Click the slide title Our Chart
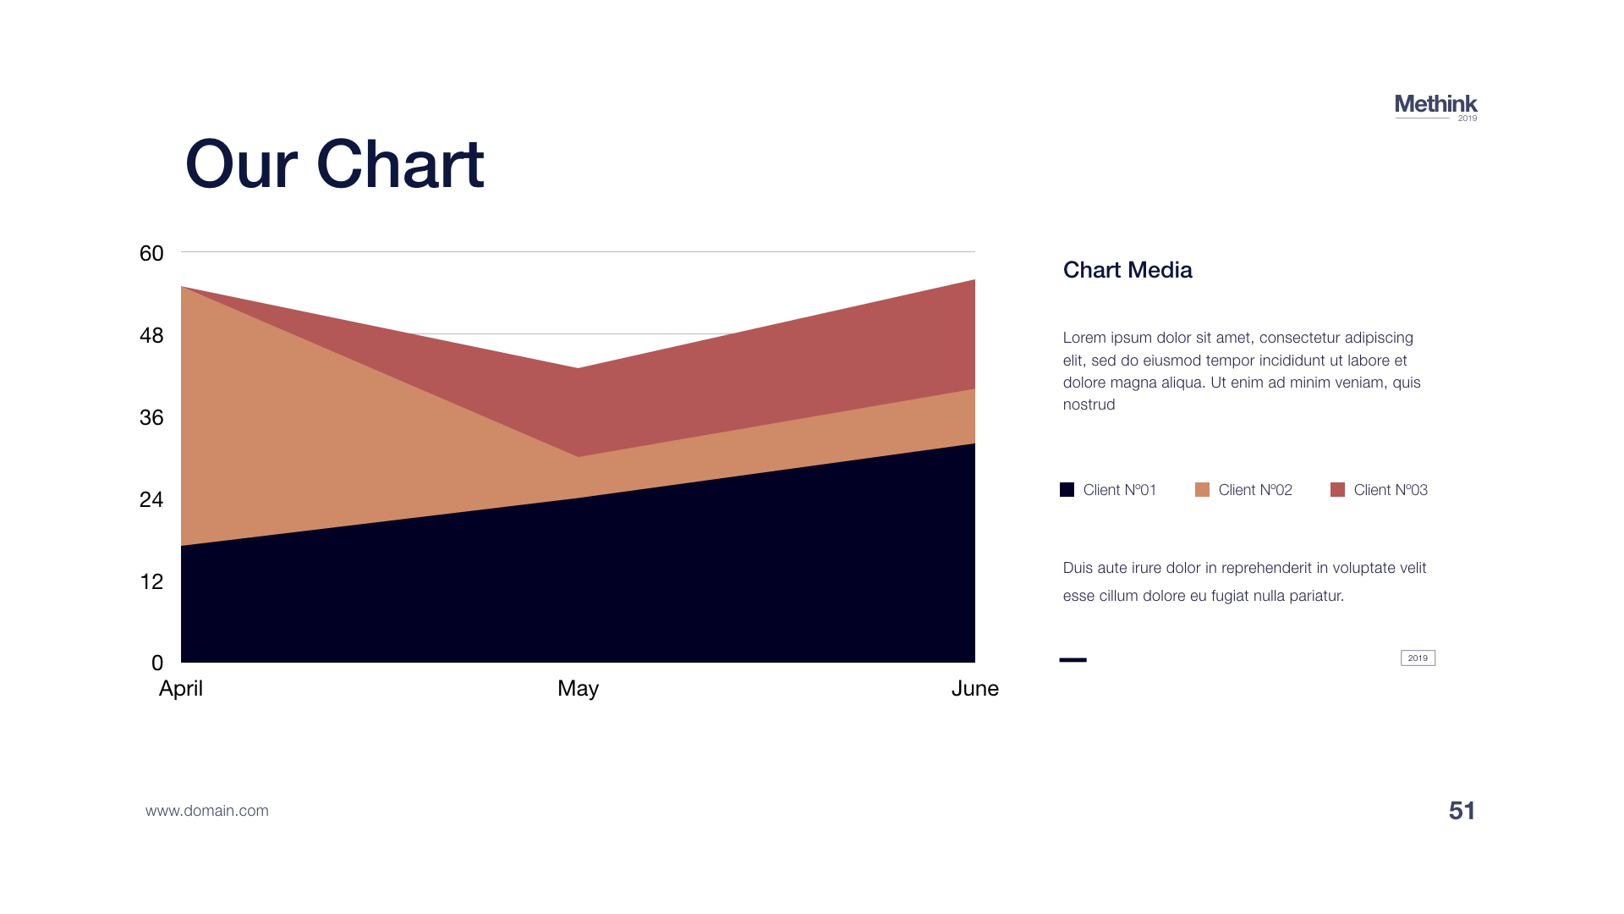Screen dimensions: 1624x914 click(334, 164)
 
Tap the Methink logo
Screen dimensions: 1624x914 click(1435, 107)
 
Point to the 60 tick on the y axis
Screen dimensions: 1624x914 click(151, 253)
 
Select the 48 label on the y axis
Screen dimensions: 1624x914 click(151, 335)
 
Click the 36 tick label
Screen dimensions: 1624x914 click(151, 417)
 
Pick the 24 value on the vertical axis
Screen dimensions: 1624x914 click(151, 499)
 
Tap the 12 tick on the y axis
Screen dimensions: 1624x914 click(151, 581)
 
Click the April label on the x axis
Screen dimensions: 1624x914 click(181, 689)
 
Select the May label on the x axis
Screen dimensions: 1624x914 click(579, 689)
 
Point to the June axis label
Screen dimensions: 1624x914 click(975, 688)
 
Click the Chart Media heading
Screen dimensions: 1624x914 click(1127, 270)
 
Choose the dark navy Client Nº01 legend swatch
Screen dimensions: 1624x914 click(1067, 489)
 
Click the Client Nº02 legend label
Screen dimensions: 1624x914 click(1255, 490)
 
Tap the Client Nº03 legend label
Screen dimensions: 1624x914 click(1391, 490)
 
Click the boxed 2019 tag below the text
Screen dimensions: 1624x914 click(1418, 658)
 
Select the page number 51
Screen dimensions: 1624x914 click(1462, 811)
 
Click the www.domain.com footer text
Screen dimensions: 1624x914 click(207, 811)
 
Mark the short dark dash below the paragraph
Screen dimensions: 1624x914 click(1073, 660)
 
